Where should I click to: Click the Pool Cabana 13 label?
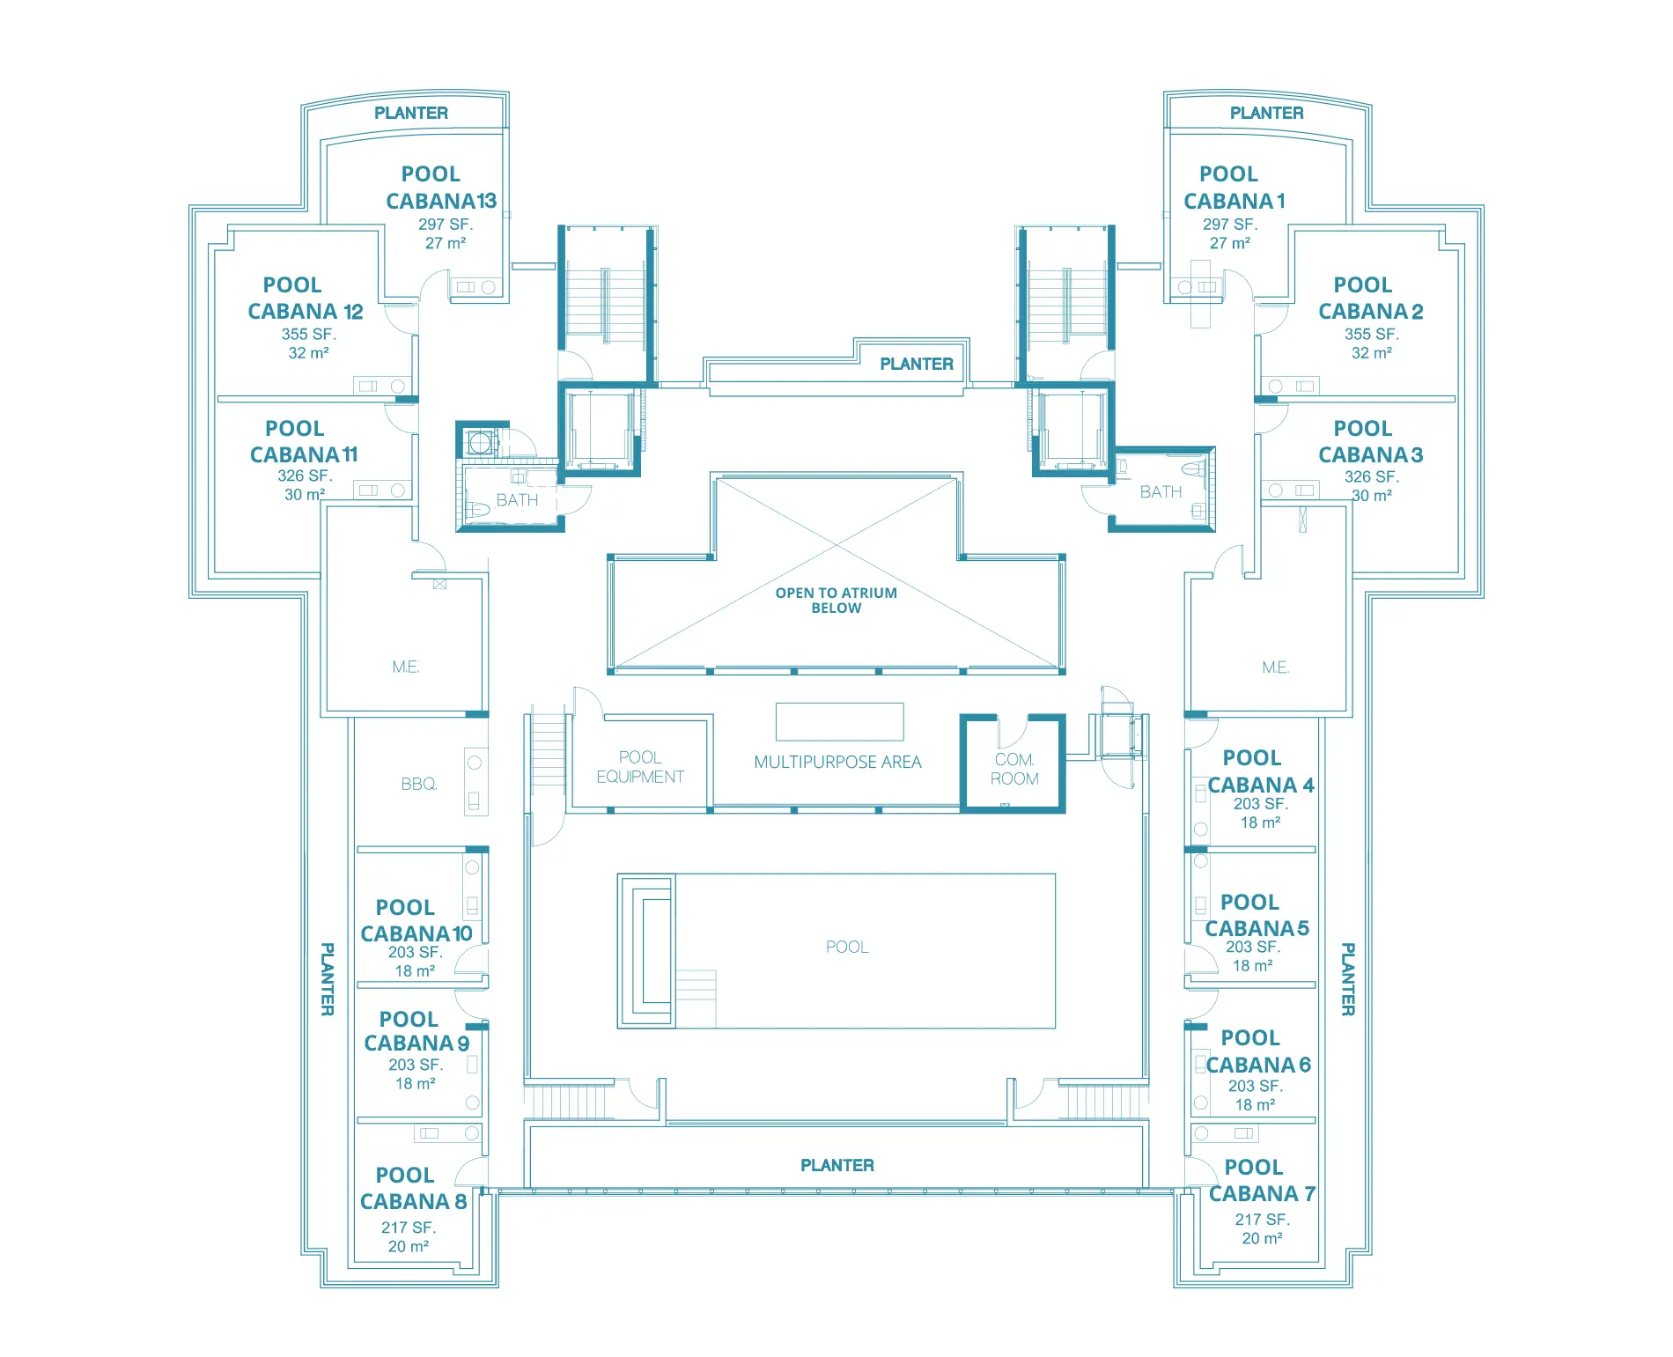[x=439, y=188]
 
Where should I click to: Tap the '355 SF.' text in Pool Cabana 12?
[x=308, y=335]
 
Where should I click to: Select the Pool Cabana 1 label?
[x=1233, y=188]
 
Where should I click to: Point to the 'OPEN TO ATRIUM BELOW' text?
[x=836, y=601]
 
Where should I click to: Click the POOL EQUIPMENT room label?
[x=639, y=767]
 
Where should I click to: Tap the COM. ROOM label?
[x=1013, y=769]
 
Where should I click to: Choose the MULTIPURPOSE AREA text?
[x=836, y=763]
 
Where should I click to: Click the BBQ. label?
[x=418, y=784]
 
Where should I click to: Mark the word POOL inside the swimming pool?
[x=846, y=948]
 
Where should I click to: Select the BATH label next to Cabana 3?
[x=1161, y=492]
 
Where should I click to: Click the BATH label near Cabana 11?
[x=517, y=500]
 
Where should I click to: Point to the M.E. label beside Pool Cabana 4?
[x=1274, y=667]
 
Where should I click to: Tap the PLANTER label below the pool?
[x=836, y=1166]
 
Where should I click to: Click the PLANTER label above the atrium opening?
[x=916, y=365]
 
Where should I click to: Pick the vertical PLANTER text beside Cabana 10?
[x=327, y=979]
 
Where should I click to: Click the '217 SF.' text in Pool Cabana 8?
[x=408, y=1228]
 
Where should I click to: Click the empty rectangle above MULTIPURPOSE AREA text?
[x=839, y=722]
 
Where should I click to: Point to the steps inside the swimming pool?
[x=696, y=998]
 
